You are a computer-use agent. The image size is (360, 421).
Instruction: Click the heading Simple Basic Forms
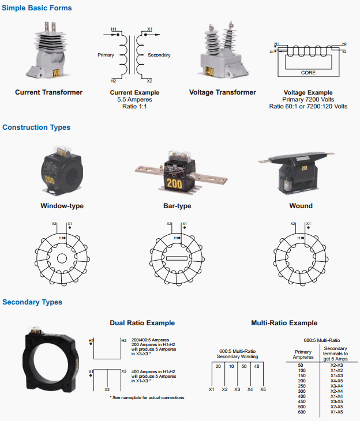point(37,9)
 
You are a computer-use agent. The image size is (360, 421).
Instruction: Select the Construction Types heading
point(36,127)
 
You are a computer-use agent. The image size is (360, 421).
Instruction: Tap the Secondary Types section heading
point(32,302)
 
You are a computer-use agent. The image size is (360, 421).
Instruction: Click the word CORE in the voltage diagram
point(309,73)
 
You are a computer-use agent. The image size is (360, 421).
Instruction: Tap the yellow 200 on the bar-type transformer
point(177,183)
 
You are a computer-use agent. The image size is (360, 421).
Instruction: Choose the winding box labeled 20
point(218,367)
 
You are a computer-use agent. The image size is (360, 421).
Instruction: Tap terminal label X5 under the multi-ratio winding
point(263,390)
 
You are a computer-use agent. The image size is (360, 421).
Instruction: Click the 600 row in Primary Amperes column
point(301,411)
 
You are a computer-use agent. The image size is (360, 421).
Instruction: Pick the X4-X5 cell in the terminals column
point(337,381)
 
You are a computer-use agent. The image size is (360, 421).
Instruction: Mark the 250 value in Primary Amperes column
point(301,386)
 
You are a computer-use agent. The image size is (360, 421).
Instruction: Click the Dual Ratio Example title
point(142,323)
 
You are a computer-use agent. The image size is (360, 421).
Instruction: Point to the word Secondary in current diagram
point(159,55)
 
